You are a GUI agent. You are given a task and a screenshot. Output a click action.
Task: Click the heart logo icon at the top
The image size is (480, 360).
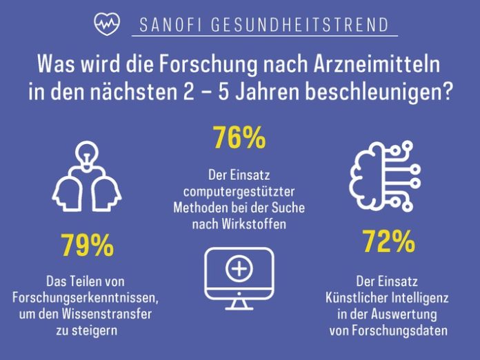pos(105,25)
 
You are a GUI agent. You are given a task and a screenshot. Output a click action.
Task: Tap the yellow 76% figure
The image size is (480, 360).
pos(239,139)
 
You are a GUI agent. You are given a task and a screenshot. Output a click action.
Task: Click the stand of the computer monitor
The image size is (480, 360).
pos(239,301)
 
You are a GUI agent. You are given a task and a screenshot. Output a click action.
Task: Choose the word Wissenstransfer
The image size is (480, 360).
pos(112,311)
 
